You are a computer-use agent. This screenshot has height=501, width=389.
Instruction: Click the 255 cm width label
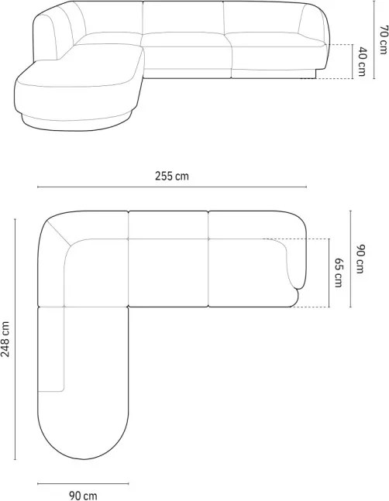pyautogui.click(x=172, y=176)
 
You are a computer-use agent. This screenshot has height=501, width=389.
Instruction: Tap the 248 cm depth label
pyautogui.click(x=5, y=338)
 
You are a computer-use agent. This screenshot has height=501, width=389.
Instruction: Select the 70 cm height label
pyautogui.click(x=383, y=40)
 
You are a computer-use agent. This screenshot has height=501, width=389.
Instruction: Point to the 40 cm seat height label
pyautogui.click(x=361, y=61)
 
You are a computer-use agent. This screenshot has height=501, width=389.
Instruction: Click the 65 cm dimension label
pyautogui.click(x=338, y=273)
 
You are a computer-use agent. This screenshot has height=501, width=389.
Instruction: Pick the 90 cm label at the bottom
pyautogui.click(x=83, y=496)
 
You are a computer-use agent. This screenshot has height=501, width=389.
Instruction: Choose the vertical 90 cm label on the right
pyautogui.click(x=360, y=259)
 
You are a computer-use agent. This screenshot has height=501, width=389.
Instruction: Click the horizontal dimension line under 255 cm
pyautogui.click(x=172, y=187)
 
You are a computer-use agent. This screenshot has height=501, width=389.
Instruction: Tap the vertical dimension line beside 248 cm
pyautogui.click(x=15, y=339)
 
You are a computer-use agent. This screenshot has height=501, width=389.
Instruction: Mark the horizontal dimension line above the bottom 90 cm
pyautogui.click(x=83, y=483)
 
